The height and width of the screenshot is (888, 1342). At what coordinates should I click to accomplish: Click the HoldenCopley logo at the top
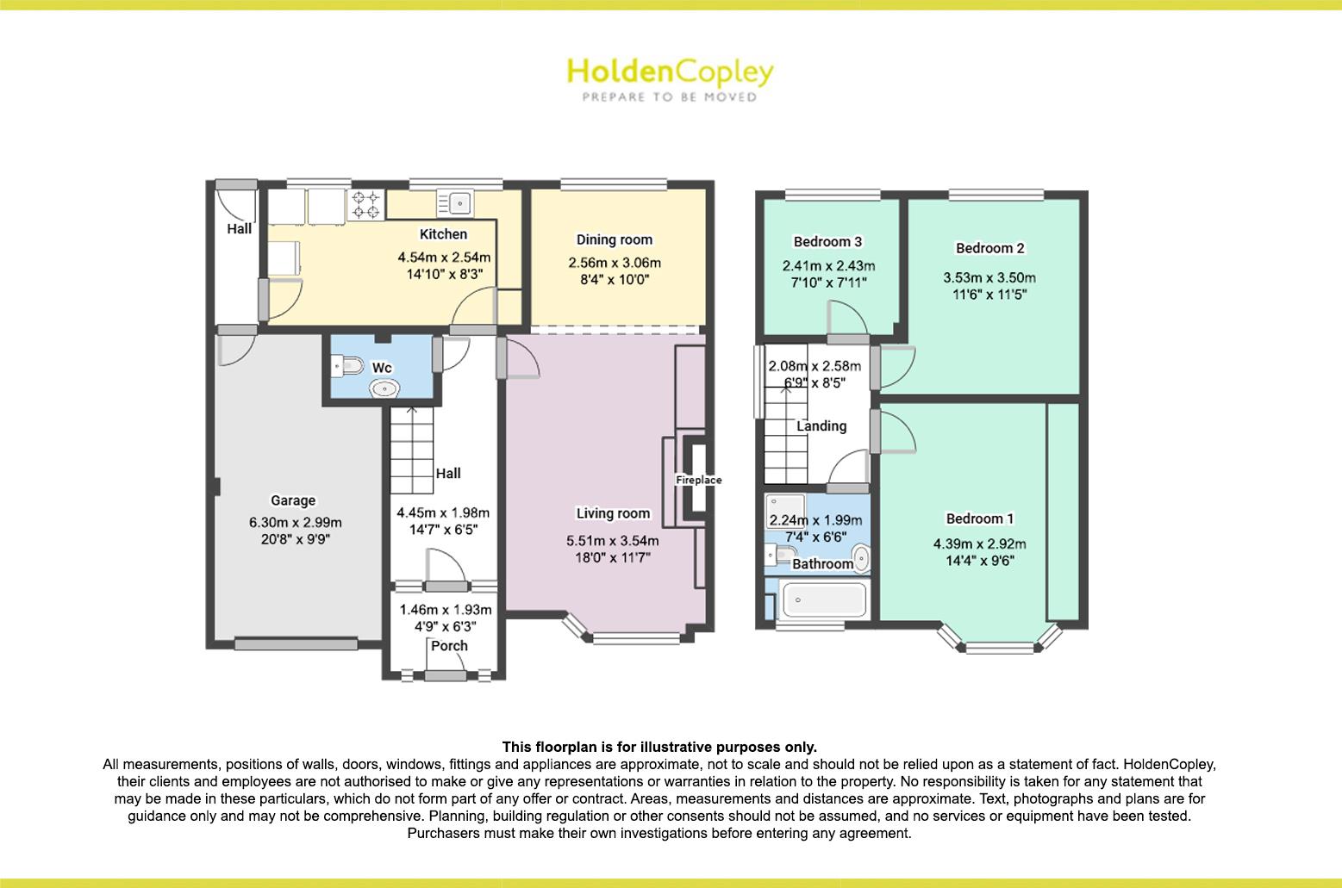(670, 72)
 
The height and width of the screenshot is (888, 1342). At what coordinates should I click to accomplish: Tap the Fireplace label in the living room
(698, 480)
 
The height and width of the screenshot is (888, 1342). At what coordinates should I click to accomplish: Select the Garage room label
(293, 500)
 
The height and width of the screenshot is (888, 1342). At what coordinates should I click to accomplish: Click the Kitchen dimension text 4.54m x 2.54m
(444, 257)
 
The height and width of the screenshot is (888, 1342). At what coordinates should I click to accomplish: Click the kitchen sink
(454, 203)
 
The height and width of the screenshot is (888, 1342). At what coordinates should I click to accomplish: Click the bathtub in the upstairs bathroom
(822, 599)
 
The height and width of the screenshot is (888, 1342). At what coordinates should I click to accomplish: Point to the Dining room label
(615, 239)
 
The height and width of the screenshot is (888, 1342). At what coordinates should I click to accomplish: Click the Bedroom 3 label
(827, 242)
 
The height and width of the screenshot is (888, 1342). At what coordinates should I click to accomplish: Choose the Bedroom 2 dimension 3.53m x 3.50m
(989, 277)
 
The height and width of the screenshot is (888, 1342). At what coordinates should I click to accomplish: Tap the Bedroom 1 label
(979, 519)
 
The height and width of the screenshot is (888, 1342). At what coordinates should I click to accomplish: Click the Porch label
(449, 646)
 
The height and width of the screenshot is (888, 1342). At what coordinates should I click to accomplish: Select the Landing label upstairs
(821, 425)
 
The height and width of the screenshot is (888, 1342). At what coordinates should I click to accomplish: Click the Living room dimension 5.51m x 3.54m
(613, 541)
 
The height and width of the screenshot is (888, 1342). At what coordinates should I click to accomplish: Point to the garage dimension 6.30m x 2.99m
(296, 522)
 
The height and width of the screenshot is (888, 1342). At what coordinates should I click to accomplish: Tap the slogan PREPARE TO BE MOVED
(670, 97)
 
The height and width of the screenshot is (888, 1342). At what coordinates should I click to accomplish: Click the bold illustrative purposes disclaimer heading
(659, 747)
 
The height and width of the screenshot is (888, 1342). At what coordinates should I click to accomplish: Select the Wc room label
(382, 368)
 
